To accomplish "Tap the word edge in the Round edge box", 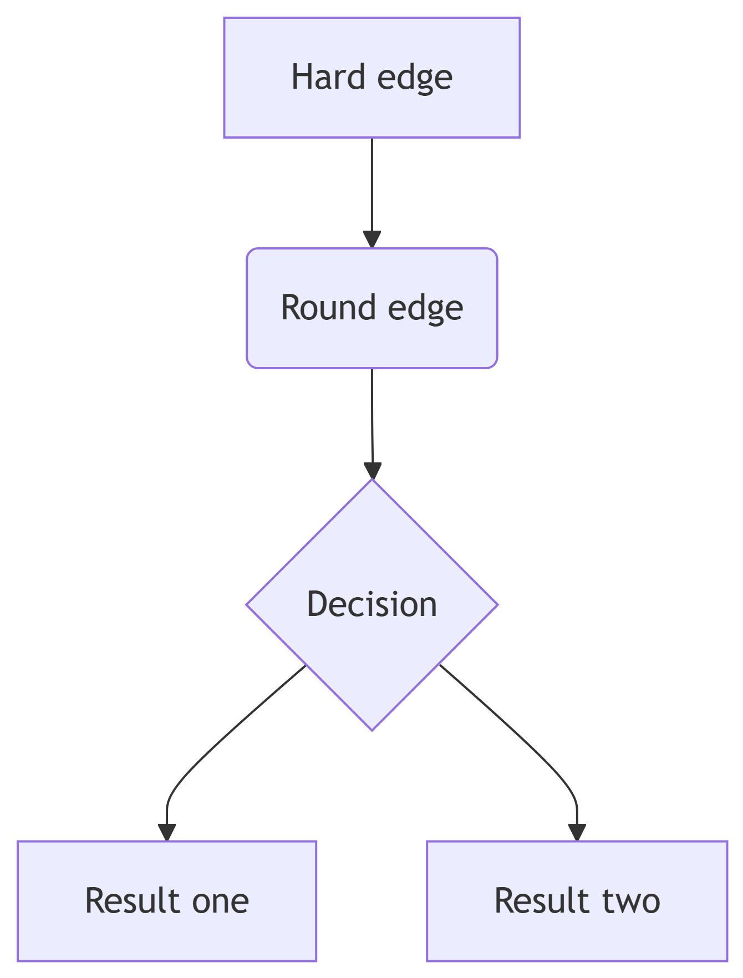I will [x=425, y=308].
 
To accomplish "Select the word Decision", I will [x=371, y=604].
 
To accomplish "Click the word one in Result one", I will [x=220, y=901].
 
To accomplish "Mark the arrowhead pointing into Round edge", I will [x=371, y=239].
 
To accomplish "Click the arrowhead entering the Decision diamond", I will [x=373, y=470].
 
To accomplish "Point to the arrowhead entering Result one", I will [x=166, y=832].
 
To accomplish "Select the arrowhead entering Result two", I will [x=577, y=832].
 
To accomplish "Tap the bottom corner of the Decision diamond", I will [x=372, y=728].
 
